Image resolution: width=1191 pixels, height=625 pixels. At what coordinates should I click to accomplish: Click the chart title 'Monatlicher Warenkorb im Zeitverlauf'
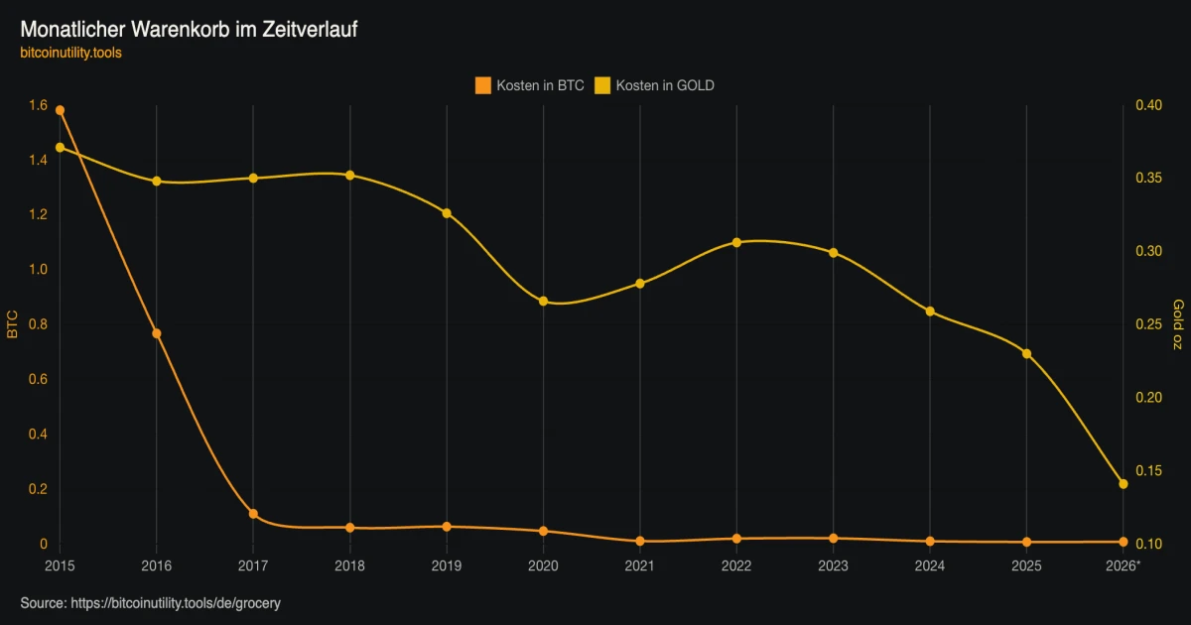click(189, 29)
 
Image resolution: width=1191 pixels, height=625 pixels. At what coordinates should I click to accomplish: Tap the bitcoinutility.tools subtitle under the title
click(70, 53)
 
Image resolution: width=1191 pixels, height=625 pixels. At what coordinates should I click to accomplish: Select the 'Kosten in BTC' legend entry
click(530, 85)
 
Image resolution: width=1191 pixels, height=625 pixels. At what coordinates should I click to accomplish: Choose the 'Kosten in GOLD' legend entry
click(654, 85)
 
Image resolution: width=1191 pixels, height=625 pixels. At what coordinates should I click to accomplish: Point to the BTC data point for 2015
click(61, 110)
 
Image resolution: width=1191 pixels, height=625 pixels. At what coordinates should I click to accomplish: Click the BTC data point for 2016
click(157, 333)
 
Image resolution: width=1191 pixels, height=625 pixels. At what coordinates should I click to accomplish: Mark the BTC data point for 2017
click(253, 514)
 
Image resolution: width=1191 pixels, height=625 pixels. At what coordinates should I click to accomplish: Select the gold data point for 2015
click(61, 147)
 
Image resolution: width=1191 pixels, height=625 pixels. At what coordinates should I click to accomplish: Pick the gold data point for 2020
click(544, 302)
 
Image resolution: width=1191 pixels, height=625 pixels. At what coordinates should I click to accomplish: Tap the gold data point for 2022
click(736, 242)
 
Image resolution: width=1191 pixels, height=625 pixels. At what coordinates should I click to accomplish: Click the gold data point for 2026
click(1123, 484)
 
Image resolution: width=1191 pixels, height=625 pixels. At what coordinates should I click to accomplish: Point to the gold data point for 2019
click(447, 213)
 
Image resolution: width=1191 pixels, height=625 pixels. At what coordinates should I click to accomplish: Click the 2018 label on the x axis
click(349, 566)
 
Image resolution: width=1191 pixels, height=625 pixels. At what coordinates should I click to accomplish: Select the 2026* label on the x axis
click(1123, 566)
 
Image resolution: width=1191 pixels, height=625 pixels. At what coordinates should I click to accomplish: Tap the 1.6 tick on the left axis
click(39, 105)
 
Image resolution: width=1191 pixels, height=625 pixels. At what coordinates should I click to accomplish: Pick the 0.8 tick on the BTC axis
click(39, 324)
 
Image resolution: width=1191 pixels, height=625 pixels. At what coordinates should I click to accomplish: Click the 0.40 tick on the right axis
click(1149, 105)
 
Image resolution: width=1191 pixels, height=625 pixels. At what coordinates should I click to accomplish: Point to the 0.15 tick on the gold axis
click(1149, 471)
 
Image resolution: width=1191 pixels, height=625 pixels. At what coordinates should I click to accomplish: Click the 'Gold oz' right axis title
click(1178, 324)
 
